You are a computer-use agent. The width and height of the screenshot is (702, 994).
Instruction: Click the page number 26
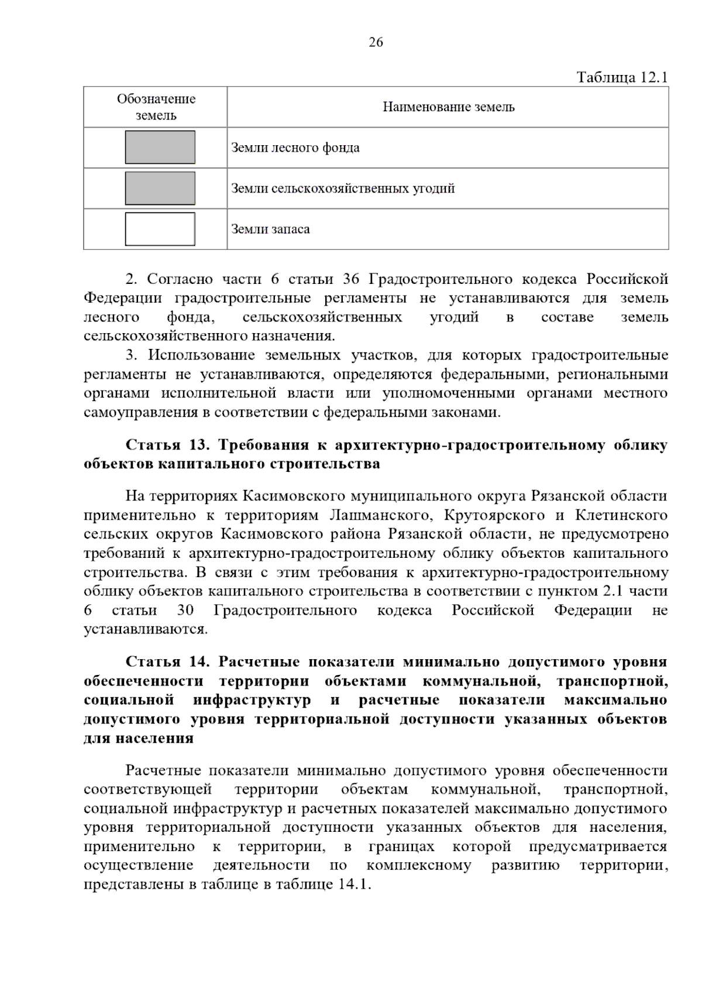pos(376,42)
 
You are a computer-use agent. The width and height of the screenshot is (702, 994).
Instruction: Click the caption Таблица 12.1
pos(622,77)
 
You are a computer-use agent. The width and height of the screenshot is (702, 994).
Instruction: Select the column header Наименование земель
pos(448,107)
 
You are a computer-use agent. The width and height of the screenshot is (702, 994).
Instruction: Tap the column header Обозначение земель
pos(156,107)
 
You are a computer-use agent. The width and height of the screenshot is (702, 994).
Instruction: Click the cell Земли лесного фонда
pos(295,148)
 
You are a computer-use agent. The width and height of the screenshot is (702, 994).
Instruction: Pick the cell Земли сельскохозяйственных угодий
pos(343,188)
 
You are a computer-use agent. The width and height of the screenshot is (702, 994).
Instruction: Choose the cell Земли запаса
pos(270,229)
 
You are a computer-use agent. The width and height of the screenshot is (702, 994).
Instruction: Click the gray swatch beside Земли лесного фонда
pos(160,148)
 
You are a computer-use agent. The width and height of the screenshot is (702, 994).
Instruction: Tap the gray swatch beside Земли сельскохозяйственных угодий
pos(160,188)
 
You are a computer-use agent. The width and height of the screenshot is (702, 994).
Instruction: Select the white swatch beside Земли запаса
pos(160,229)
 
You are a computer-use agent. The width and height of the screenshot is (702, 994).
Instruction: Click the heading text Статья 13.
pos(167,445)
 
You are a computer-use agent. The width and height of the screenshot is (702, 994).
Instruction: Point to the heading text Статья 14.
pos(167,662)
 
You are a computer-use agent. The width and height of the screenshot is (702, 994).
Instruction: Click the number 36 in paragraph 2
pos(351,279)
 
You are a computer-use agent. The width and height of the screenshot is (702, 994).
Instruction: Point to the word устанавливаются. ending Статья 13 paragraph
pos(146,630)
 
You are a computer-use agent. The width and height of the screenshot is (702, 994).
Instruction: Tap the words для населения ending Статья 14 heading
pos(139,738)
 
